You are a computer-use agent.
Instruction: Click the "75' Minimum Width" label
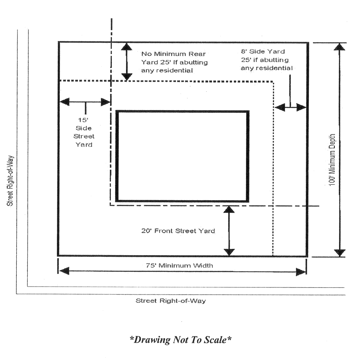tap(179, 266)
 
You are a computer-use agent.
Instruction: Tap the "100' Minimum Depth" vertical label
tap(332, 160)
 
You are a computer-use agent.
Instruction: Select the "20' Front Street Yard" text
tap(178, 231)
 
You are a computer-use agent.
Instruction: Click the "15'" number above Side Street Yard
tap(83, 120)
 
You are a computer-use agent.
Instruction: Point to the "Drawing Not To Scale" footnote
tap(181, 340)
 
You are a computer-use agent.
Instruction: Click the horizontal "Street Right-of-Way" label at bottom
tap(171, 301)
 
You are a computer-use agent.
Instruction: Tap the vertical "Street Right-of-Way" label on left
tap(10, 181)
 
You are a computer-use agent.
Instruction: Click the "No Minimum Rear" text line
tap(174, 54)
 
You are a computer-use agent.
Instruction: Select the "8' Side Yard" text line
tap(263, 52)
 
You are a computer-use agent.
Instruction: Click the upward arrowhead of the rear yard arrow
tap(127, 47)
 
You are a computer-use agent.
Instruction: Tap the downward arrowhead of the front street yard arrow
tap(229, 252)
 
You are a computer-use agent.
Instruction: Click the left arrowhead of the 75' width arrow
tap(64, 271)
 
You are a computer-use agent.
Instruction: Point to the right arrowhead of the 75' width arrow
tap(301, 272)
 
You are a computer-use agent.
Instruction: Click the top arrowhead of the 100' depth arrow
tap(339, 47)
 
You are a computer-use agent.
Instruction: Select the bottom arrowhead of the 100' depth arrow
tap(340, 253)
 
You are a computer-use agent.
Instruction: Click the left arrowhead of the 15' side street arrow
tap(65, 102)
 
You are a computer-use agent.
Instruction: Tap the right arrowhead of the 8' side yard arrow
tap(301, 107)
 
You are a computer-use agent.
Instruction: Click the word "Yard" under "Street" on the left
tap(84, 145)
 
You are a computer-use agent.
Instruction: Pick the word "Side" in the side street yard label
tap(83, 128)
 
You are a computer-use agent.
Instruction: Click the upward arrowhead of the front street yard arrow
tap(229, 209)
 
